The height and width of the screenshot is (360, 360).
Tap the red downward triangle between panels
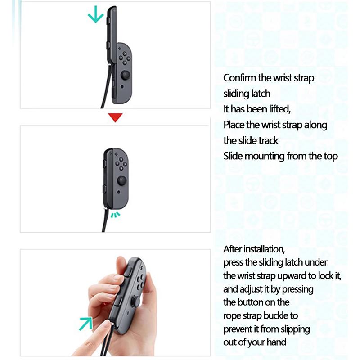coord(116,118)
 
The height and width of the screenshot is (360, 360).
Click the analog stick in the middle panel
coord(122,181)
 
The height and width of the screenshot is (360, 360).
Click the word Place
coord(234,125)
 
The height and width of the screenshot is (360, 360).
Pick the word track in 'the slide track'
coord(269,140)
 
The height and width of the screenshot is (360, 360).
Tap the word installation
coord(264,249)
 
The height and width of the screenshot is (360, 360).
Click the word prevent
coord(238,329)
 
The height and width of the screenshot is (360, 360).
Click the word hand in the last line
coord(276,342)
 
